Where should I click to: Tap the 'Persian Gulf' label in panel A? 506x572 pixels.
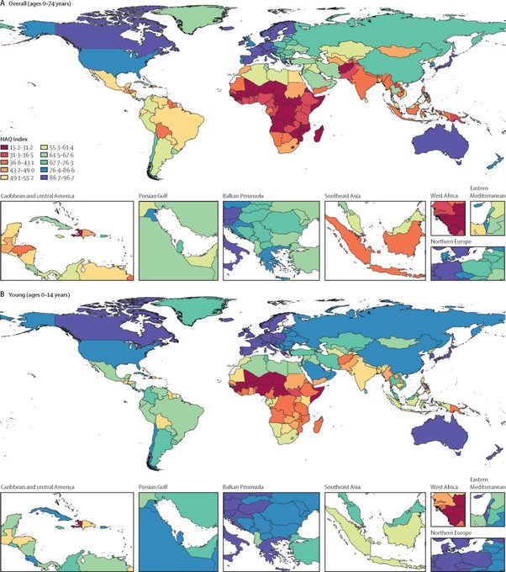[x=156, y=196]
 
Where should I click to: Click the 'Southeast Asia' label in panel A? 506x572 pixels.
[x=345, y=196]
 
